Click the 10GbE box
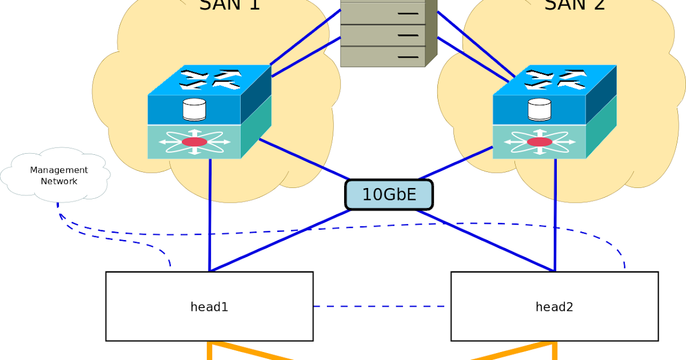389,195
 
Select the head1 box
209,307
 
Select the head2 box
554,307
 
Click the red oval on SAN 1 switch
194,142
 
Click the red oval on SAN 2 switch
539,142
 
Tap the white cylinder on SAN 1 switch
194,110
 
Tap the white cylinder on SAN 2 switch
539,110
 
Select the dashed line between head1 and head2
380,306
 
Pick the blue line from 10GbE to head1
280,241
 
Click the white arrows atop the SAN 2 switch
555,79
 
